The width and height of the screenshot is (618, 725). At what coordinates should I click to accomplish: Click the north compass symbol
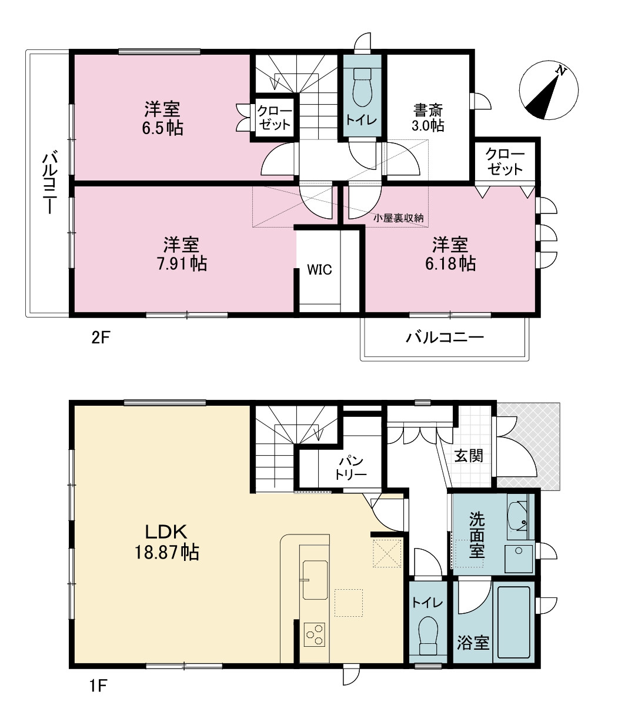tap(549, 90)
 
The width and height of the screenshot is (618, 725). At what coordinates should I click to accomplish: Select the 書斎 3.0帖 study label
tap(428, 118)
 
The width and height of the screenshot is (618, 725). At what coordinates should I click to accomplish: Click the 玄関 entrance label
tap(469, 456)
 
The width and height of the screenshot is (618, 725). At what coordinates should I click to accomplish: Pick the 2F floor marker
tap(101, 338)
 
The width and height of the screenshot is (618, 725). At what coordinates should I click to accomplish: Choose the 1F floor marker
tap(98, 686)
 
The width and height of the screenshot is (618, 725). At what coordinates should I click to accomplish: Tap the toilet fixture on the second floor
tap(362, 88)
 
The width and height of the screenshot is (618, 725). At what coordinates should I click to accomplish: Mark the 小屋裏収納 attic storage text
tap(399, 218)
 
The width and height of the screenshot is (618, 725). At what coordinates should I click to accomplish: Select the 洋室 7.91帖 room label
tap(182, 253)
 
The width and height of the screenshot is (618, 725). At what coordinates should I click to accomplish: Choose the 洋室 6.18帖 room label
tap(450, 253)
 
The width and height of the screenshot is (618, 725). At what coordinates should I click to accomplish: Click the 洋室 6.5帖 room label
tap(162, 118)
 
